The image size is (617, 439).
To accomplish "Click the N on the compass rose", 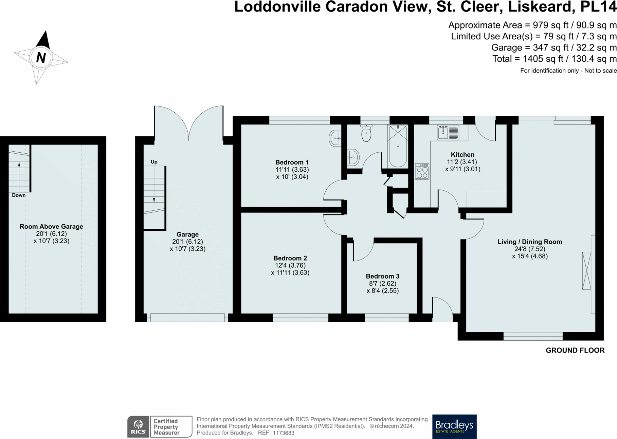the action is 41,58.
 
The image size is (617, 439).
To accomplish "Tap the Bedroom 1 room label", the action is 292,162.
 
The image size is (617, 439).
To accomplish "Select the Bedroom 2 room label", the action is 290,258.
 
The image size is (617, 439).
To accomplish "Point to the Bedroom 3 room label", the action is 383,276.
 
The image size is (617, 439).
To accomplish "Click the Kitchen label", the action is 462,155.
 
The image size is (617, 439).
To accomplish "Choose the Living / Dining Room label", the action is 530,242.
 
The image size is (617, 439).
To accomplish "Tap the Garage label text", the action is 187,234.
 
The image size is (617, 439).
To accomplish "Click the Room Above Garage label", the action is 51,227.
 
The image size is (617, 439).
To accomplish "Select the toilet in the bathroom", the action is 366,133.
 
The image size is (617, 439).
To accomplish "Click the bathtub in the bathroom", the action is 398,146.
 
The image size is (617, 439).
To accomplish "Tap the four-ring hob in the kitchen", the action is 422,171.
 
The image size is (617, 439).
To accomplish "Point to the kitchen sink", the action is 448,132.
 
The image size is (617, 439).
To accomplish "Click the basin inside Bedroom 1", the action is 335,138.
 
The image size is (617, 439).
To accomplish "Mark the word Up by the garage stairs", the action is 154,162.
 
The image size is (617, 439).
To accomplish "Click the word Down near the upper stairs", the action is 19,195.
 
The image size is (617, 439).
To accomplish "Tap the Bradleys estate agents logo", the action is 454,426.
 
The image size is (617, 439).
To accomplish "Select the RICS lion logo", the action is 138,426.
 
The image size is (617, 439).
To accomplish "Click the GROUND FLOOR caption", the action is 575,350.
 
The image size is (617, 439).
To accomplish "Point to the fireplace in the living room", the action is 586,271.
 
